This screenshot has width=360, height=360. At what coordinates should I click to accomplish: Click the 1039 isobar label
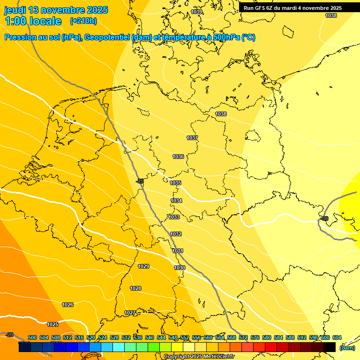[x=197, y=12]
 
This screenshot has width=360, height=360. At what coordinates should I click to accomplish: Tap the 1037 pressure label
[x=192, y=138]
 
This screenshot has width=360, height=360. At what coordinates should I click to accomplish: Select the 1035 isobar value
[x=176, y=183]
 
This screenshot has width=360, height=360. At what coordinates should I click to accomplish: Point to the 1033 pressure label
[x=174, y=217]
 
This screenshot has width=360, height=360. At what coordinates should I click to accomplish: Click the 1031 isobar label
[x=178, y=251]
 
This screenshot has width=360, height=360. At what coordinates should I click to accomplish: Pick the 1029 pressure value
[x=143, y=266]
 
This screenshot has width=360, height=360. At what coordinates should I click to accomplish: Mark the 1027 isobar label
[x=130, y=313]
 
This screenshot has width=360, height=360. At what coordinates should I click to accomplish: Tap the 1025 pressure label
[x=52, y=324]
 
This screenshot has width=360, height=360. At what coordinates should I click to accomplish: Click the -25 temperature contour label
[x=140, y=181]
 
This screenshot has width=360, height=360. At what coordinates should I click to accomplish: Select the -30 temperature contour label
[x=324, y=219]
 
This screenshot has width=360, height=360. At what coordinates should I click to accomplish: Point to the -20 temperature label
[x=9, y=335]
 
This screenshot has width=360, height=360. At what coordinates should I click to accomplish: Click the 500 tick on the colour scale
[x=32, y=337]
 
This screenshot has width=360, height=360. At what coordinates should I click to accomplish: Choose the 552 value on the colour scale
[x=185, y=337]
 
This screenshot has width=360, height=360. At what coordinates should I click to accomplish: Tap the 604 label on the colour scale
[x=337, y=337]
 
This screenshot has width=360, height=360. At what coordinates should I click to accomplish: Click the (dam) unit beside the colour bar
[x=347, y=348]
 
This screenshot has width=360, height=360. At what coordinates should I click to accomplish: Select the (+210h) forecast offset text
[x=83, y=21]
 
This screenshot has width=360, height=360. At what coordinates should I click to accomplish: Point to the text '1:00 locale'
[x=33, y=21]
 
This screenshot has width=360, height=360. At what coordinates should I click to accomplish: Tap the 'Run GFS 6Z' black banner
[x=292, y=8]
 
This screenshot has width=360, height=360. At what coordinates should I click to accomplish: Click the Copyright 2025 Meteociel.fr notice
[x=199, y=357]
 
